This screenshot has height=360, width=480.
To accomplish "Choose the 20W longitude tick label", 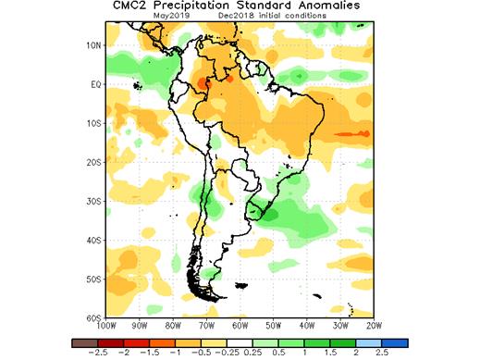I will [375, 325].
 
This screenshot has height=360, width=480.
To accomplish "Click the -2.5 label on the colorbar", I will [92, 354].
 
